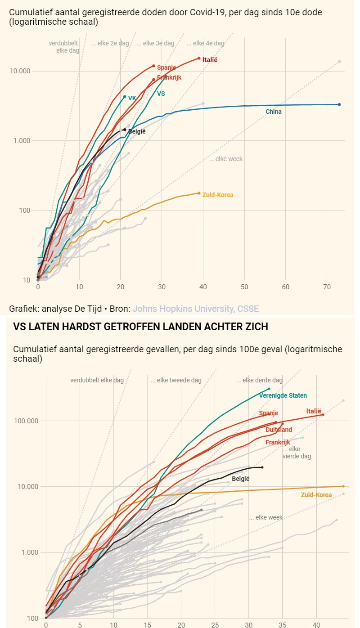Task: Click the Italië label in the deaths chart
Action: pyautogui.click(x=210, y=60)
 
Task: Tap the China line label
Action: pyautogui.click(x=274, y=112)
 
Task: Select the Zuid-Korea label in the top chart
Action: pyautogui.click(x=218, y=195)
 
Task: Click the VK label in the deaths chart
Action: pyautogui.click(x=132, y=98)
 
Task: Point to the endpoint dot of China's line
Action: pyautogui.click(x=339, y=104)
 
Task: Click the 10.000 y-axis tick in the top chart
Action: pyautogui.click(x=19, y=71)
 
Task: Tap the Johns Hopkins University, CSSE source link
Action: pyautogui.click(x=195, y=309)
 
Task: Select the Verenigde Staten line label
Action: pyautogui.click(x=283, y=395)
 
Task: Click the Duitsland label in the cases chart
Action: pyautogui.click(x=279, y=430)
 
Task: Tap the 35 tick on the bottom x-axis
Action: pyautogui.click(x=283, y=625)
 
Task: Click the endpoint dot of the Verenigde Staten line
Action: pyautogui.click(x=269, y=389)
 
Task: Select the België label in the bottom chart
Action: pyautogui.click(x=240, y=479)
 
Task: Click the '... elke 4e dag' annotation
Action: pyautogui.click(x=206, y=43)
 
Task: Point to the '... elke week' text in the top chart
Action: pyautogui.click(x=226, y=159)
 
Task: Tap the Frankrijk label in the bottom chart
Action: pyautogui.click(x=278, y=442)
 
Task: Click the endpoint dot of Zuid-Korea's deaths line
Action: pyautogui.click(x=199, y=193)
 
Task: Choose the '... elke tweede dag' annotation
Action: pyautogui.click(x=176, y=380)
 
